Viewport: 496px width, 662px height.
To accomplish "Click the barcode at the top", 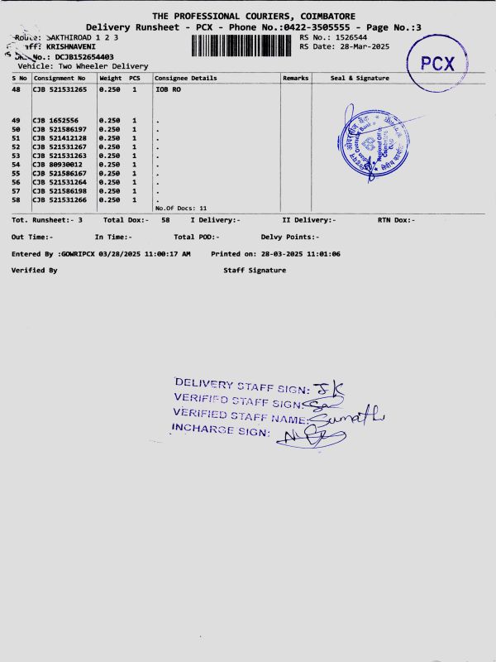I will [243, 45].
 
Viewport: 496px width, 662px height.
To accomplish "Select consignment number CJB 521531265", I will [60, 89].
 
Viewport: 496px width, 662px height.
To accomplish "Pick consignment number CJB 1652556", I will [55, 121].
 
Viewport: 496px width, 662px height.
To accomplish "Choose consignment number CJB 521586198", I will [60, 191].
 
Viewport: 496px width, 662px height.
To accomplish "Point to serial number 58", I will [16, 199].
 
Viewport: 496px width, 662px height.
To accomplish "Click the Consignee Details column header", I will [186, 78].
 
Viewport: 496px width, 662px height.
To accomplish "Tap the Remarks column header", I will [295, 78].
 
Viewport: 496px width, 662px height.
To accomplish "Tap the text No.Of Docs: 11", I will [180, 208].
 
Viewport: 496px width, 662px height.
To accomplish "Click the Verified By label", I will [34, 271].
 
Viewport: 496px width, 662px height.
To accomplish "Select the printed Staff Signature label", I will [255, 271].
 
